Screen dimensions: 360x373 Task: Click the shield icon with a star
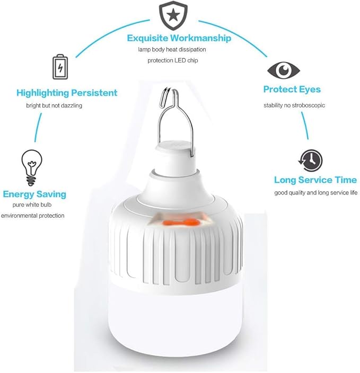[x=173, y=15]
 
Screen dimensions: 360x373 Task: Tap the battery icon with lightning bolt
[x=60, y=67]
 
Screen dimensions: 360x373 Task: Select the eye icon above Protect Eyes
[x=283, y=70]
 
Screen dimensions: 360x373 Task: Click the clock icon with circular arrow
[x=311, y=161]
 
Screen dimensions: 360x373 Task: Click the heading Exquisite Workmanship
[x=179, y=38]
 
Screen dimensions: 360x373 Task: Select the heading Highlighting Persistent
[x=67, y=93]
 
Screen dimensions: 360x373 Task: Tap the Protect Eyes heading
[x=292, y=90]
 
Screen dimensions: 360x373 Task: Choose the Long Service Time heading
[x=315, y=180]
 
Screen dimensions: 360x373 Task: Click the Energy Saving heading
[x=34, y=194]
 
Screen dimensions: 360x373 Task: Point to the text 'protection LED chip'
[x=173, y=60]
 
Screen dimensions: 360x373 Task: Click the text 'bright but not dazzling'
[x=54, y=105]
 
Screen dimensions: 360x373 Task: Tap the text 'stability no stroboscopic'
[x=294, y=105]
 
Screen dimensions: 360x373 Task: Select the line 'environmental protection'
[x=33, y=216]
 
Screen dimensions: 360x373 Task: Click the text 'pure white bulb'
[x=32, y=205]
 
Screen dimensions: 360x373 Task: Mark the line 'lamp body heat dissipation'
[x=172, y=49]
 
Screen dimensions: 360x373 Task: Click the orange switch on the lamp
[x=180, y=223]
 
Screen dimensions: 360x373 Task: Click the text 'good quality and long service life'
[x=315, y=192]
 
